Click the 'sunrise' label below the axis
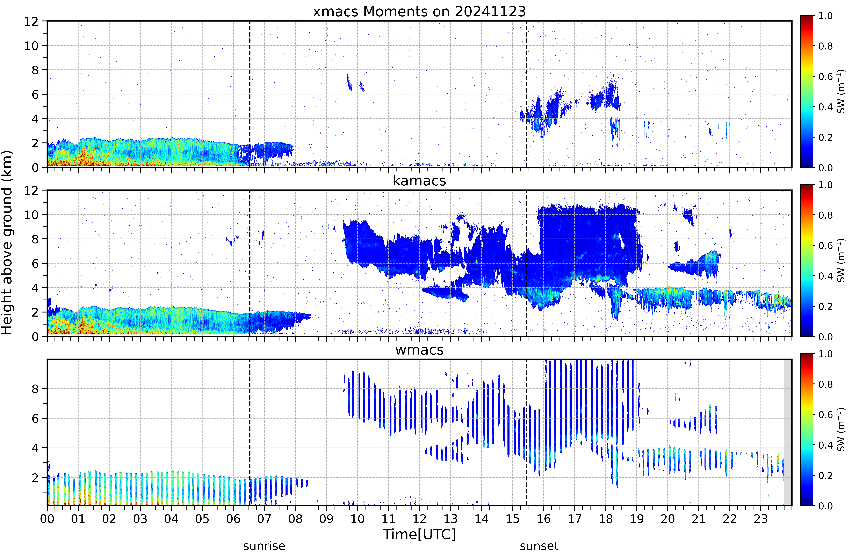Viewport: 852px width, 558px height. (x=264, y=546)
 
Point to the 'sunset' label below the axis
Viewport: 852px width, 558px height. (x=539, y=546)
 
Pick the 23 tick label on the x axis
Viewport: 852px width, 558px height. (x=761, y=519)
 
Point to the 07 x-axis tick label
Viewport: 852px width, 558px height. (x=264, y=519)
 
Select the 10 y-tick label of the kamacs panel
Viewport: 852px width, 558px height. (x=31, y=215)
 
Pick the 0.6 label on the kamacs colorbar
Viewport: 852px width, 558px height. (x=825, y=246)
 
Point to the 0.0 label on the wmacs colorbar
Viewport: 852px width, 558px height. (x=825, y=506)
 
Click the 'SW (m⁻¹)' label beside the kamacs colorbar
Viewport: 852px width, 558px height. (x=841, y=261)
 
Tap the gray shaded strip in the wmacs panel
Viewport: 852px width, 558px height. (x=788, y=432)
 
